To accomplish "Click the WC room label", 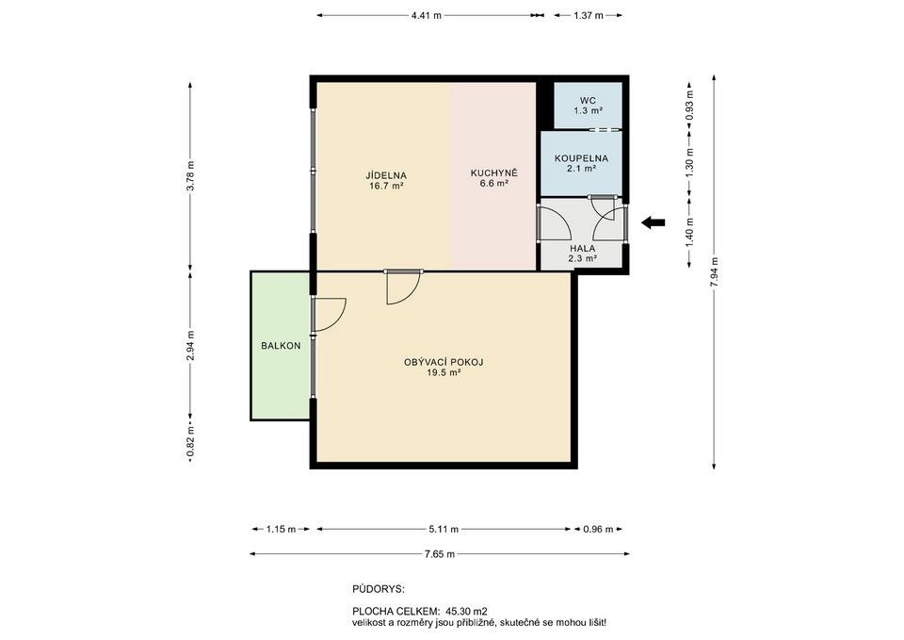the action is click(x=588, y=101).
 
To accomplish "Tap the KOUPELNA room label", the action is click(x=581, y=158).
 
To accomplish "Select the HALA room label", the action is click(x=582, y=249).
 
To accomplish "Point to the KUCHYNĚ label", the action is click(x=494, y=173).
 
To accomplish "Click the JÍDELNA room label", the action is click(x=386, y=175).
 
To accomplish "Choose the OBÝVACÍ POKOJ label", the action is click(x=444, y=363).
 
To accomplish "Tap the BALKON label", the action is click(x=281, y=346).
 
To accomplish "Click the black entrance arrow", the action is click(x=654, y=222).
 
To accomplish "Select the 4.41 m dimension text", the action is click(x=427, y=16).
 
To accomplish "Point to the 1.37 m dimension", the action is click(x=588, y=16).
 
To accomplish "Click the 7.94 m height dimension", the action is click(x=715, y=271).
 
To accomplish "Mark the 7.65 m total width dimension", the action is click(x=440, y=554).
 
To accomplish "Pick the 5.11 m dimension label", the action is click(x=444, y=529).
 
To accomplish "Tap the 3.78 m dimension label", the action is click(x=191, y=175).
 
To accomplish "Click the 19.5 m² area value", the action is click(x=444, y=373).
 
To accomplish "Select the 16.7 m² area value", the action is click(x=386, y=186).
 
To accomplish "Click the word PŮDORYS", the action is click(x=379, y=589).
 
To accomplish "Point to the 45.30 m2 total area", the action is click(x=467, y=611).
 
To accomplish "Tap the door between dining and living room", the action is click(x=404, y=287).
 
